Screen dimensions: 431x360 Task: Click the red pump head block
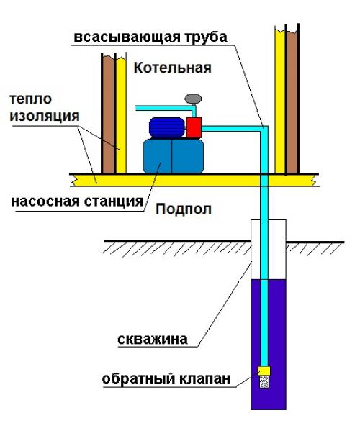[x=194, y=126]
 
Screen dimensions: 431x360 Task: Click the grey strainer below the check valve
[x=264, y=384]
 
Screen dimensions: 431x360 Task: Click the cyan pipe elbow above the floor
[x=263, y=130]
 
